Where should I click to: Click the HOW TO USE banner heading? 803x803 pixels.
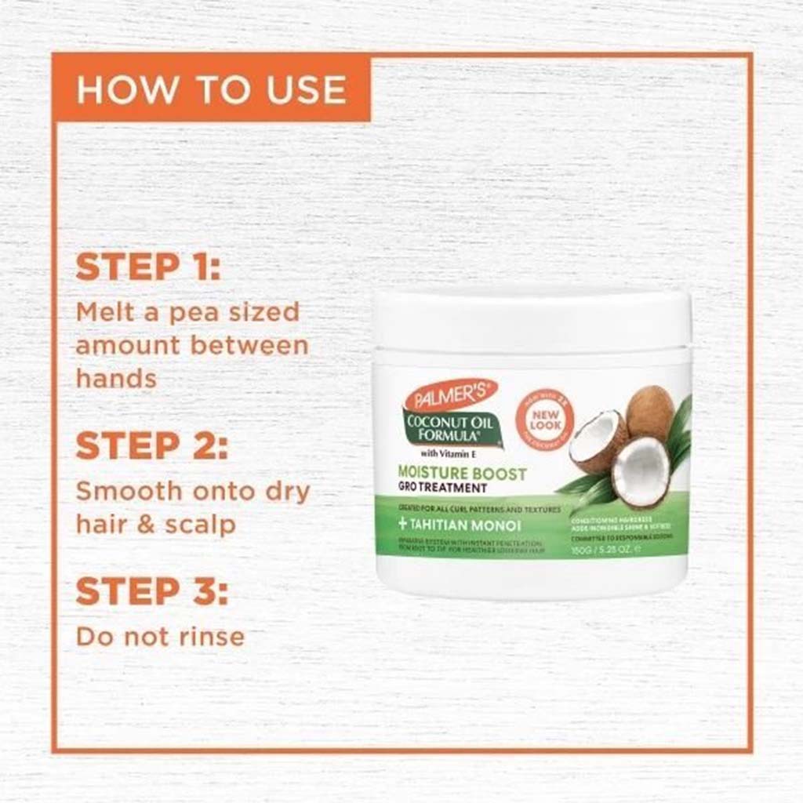(x=211, y=89)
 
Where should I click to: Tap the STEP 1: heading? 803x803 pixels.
(x=148, y=267)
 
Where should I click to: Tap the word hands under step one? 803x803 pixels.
(x=116, y=379)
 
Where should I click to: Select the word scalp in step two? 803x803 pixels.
(x=200, y=525)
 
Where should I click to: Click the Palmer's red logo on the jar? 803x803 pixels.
(x=450, y=394)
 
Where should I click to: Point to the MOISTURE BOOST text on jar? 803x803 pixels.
(x=462, y=474)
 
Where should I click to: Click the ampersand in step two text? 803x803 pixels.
(x=144, y=525)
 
